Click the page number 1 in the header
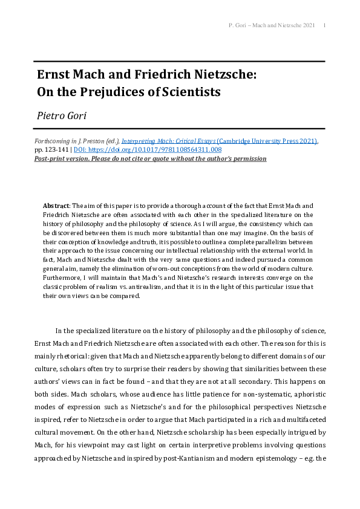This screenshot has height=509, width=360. point(326,25)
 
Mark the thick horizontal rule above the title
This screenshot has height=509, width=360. point(179,61)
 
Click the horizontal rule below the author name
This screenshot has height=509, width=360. point(179,129)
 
